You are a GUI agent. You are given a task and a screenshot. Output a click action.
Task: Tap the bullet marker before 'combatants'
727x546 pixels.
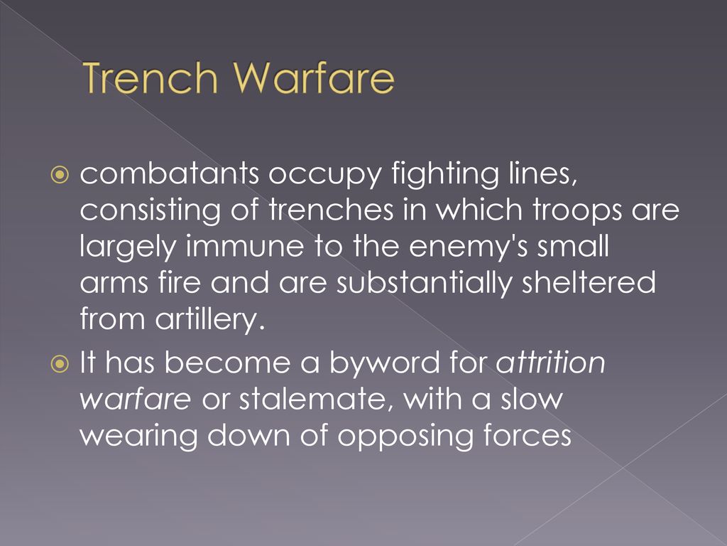point(60,175)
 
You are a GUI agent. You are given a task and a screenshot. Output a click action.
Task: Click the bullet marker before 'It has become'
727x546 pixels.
point(60,363)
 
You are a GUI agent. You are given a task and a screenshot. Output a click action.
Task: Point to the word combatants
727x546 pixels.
point(169,173)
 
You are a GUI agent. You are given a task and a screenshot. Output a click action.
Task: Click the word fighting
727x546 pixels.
point(446,174)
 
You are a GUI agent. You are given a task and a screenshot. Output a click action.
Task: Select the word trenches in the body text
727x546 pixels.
point(331,210)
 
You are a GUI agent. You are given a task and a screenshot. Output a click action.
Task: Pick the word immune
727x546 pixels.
point(245,246)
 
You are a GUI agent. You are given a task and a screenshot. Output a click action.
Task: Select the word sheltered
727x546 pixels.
point(589,282)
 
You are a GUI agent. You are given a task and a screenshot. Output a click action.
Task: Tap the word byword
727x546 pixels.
point(385,363)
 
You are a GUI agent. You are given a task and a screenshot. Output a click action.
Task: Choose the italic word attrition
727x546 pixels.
point(551,362)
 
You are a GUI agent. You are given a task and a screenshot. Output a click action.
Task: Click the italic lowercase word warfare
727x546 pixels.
point(135,399)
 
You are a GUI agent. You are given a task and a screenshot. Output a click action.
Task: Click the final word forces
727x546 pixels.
point(528,436)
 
